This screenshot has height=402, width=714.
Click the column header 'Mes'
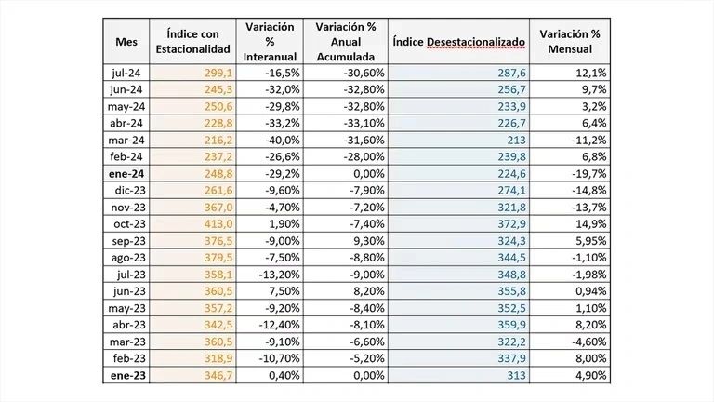(126, 42)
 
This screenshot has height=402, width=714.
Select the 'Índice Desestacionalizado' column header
(459, 42)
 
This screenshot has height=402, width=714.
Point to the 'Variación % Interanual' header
(271, 42)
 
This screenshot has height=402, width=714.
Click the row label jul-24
(128, 73)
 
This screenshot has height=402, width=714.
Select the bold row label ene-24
(127, 173)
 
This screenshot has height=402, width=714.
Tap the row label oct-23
(128, 223)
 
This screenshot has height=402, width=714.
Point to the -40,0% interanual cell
(281, 140)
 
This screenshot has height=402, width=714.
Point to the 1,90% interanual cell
(281, 223)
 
